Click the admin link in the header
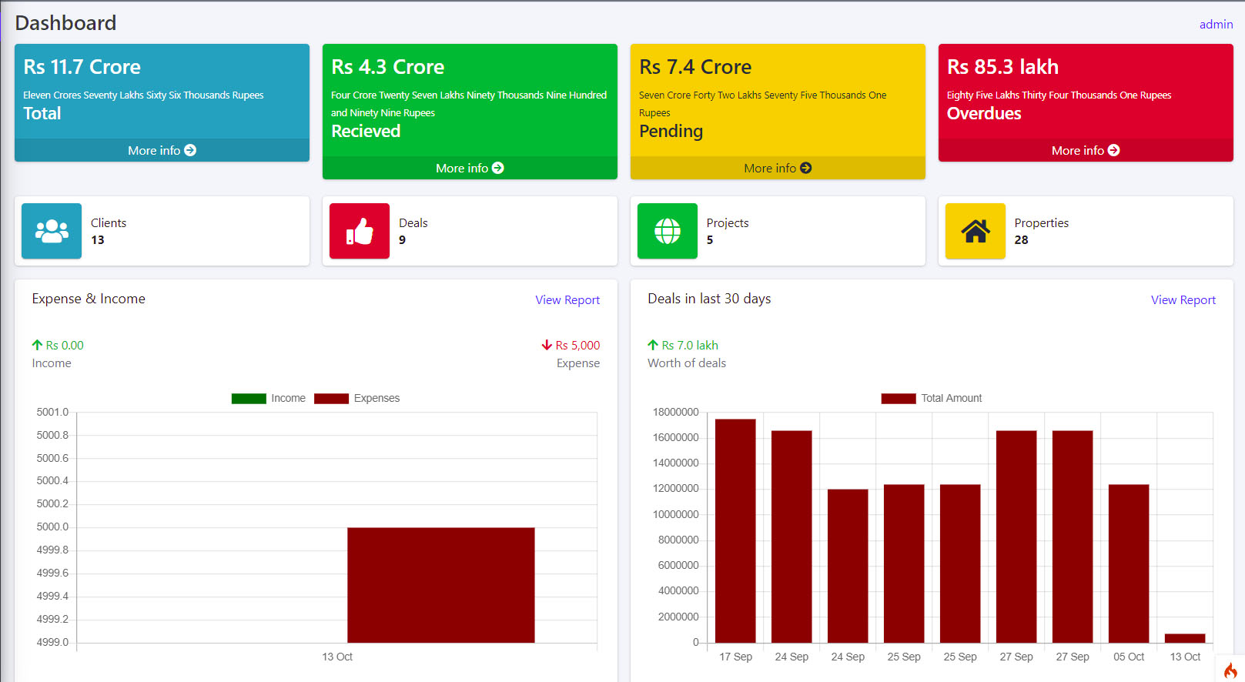point(1216,25)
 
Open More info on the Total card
point(162,151)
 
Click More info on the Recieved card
point(470,169)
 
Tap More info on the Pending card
point(778,169)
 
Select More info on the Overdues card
point(1086,151)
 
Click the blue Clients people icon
point(52,231)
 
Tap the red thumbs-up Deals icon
point(360,231)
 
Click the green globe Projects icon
point(668,231)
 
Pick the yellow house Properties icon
point(976,231)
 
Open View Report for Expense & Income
point(567,300)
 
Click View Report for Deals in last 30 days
point(1183,300)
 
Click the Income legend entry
point(269,399)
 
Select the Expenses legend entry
point(357,399)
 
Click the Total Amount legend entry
point(932,399)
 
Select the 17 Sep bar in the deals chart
point(735,531)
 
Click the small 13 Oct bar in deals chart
point(1185,638)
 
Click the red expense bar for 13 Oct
point(441,585)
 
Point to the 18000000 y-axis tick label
point(675,413)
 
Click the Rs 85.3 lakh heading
point(1002,67)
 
